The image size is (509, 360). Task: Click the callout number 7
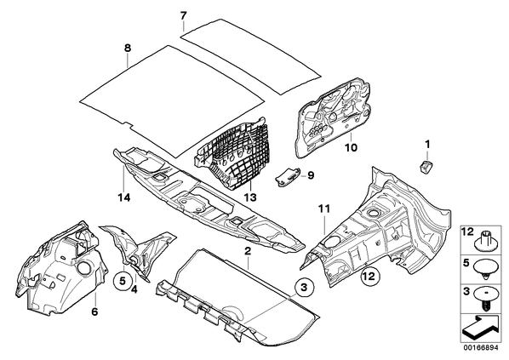coord(183,15)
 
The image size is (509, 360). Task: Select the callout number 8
coord(128,48)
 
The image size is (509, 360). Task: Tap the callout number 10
coord(351,148)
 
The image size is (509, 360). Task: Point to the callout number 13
coord(250,197)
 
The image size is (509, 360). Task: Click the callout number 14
coord(124,197)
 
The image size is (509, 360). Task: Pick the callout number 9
coord(311,175)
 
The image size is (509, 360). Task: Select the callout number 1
coord(427,144)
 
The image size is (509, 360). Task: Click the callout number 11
coord(324,209)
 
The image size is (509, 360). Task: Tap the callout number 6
coord(94,312)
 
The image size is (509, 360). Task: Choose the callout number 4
coord(134,289)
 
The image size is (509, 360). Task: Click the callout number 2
coord(248,251)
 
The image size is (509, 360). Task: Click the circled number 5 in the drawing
coord(123,282)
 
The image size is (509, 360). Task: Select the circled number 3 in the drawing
coord(304,287)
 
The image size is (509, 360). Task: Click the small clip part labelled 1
coord(425,166)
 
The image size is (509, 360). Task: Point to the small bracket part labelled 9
coord(288,177)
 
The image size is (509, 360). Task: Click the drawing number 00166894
coord(480,348)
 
